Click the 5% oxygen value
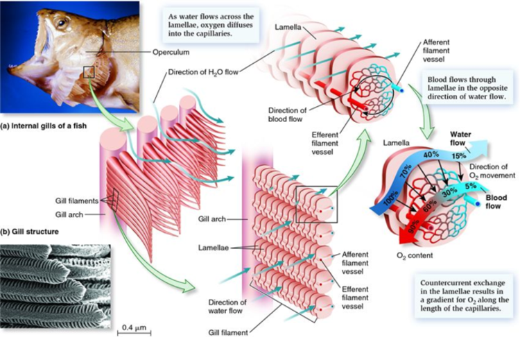(x=471, y=186)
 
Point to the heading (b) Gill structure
(x=30, y=231)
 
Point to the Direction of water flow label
(x=227, y=307)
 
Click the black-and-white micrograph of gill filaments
(x=55, y=284)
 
